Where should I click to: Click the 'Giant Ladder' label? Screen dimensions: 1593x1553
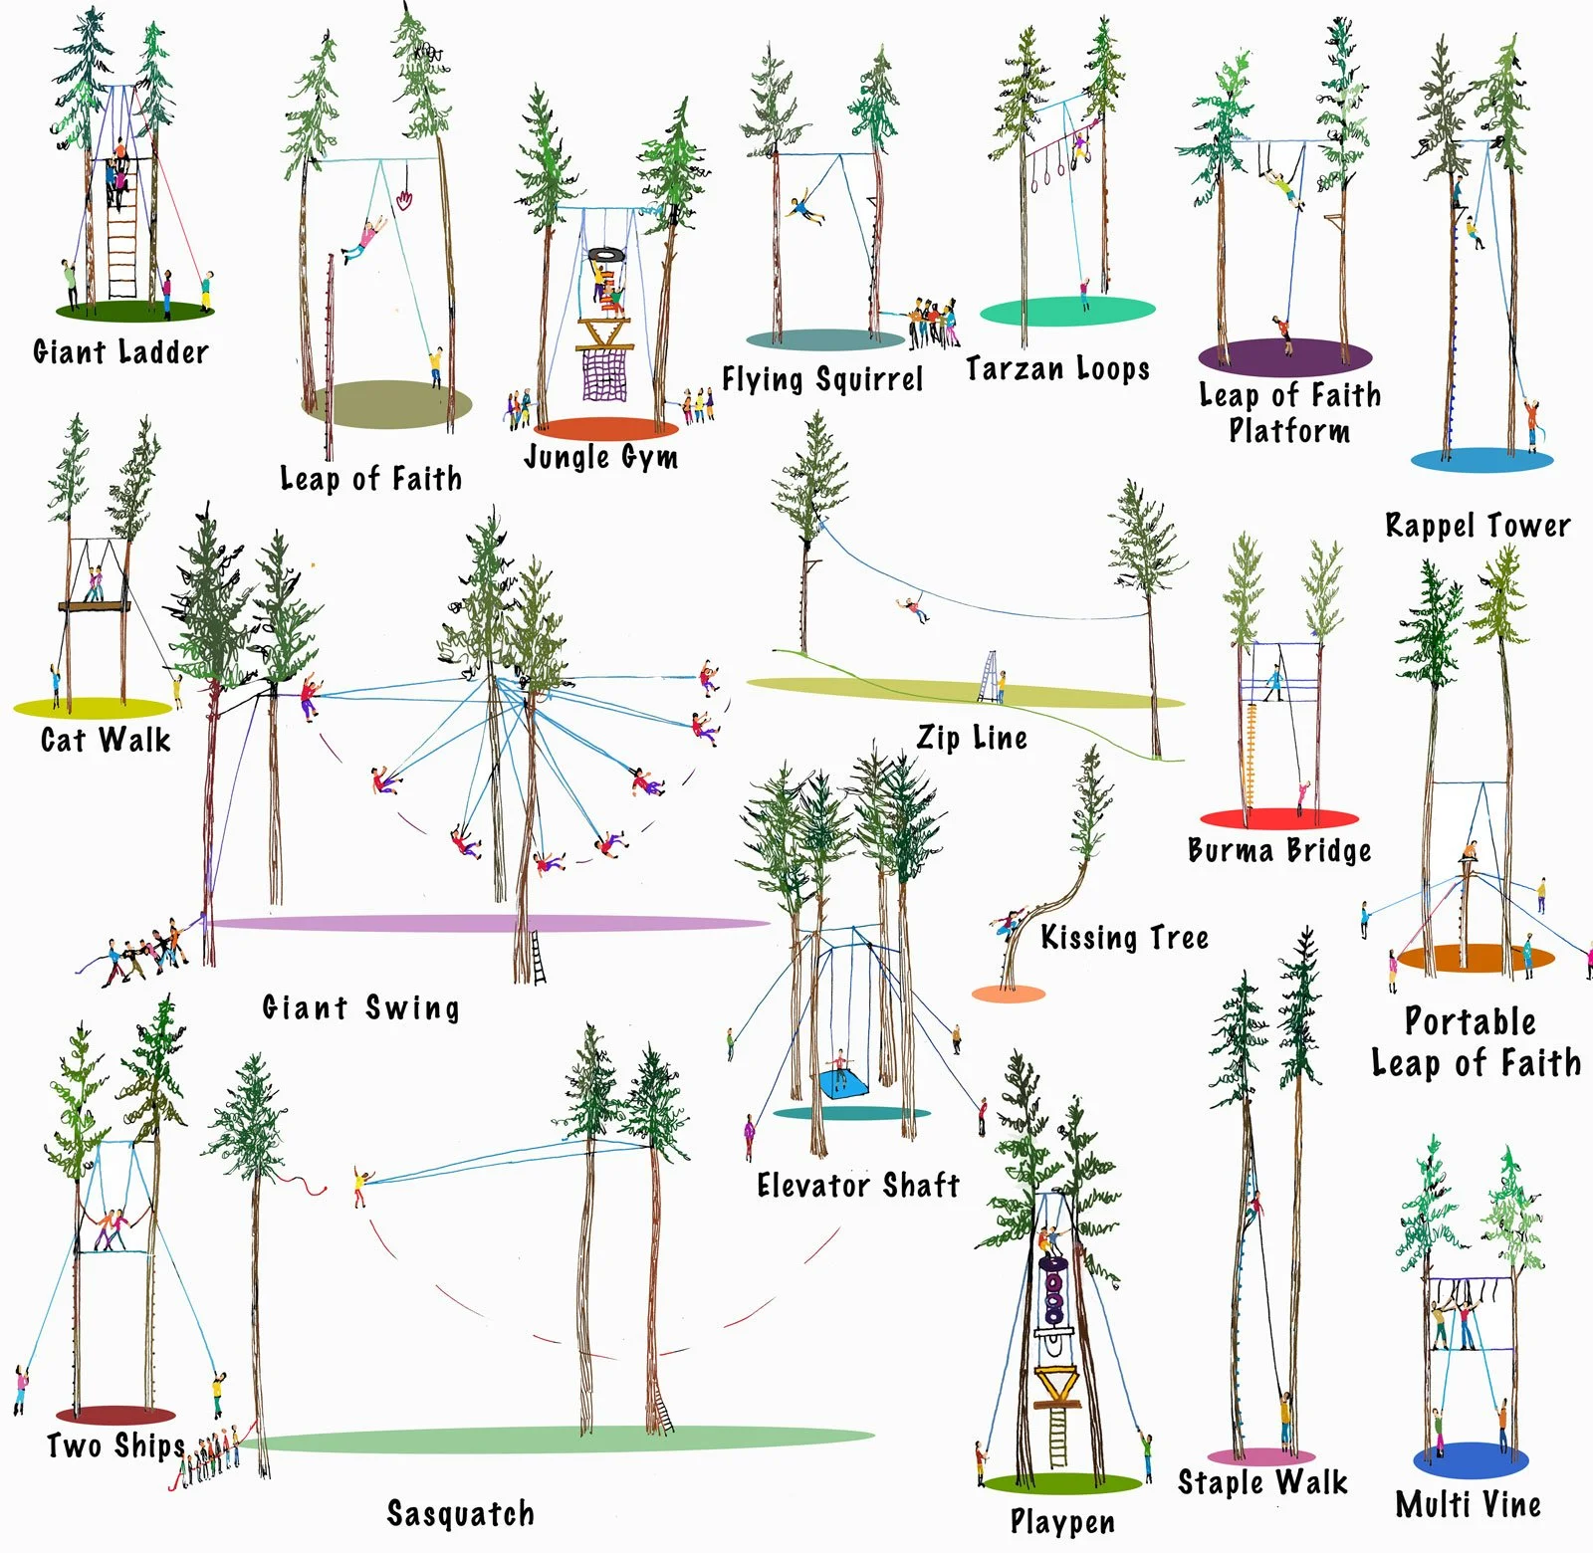pyautogui.click(x=120, y=351)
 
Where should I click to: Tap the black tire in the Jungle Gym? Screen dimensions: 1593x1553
pyautogui.click(x=604, y=256)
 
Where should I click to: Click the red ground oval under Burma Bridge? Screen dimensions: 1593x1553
pyautogui.click(x=1279, y=818)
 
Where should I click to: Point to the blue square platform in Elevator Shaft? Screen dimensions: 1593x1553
pyautogui.click(x=842, y=1083)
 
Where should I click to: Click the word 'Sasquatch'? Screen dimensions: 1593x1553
pyautogui.click(x=460, y=1512)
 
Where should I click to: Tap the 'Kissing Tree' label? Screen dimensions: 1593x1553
pyautogui.click(x=1124, y=937)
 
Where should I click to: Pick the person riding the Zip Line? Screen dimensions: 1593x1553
pyautogui.click(x=912, y=607)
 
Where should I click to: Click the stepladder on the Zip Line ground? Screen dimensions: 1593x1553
pyautogui.click(x=990, y=677)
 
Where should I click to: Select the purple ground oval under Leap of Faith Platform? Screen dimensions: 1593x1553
pyautogui.click(x=1284, y=356)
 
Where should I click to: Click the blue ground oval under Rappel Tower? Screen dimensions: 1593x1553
pyautogui.click(x=1481, y=460)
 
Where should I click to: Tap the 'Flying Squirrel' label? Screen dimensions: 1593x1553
pyautogui.click(x=822, y=378)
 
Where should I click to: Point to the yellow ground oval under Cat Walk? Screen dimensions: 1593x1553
pyautogui.click(x=93, y=708)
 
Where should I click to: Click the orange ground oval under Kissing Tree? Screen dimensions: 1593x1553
pyautogui.click(x=1008, y=994)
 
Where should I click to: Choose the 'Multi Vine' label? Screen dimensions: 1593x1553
pyautogui.click(x=1468, y=1503)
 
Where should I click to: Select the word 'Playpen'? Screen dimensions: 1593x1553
pyautogui.click(x=1062, y=1520)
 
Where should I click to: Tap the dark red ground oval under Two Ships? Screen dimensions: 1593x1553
pyautogui.click(x=115, y=1415)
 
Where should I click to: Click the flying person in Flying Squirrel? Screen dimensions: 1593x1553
pyautogui.click(x=804, y=210)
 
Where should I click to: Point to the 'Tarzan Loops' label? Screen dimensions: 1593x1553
pyautogui.click(x=1057, y=369)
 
